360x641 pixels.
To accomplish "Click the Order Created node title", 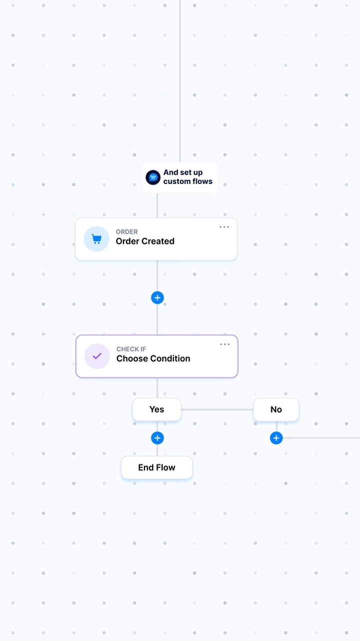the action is point(145,241).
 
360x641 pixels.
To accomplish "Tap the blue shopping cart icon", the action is point(96,238).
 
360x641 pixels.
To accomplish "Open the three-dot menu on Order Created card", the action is point(224,227).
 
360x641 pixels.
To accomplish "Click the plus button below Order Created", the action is point(157,298).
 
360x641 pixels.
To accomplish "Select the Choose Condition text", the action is point(153,358).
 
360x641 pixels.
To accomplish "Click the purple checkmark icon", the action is point(97,356).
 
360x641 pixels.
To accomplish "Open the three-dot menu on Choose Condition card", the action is point(224,344).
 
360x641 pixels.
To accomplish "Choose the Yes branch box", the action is point(157,409).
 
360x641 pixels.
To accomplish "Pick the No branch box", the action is point(276,409).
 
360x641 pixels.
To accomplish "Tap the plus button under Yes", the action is point(157,438).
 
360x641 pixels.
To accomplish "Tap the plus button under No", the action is point(276,438).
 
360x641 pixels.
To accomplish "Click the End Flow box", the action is point(157,467).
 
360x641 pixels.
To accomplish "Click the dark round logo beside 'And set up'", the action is point(153,177).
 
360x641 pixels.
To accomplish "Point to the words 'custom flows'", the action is point(187,181).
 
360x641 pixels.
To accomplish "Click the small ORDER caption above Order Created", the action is point(126,232).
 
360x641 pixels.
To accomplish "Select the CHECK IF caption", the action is point(131,349).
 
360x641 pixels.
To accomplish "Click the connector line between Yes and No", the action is point(217,409).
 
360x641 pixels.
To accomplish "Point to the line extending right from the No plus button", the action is point(321,438).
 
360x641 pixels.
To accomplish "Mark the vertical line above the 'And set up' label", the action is point(180,81).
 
